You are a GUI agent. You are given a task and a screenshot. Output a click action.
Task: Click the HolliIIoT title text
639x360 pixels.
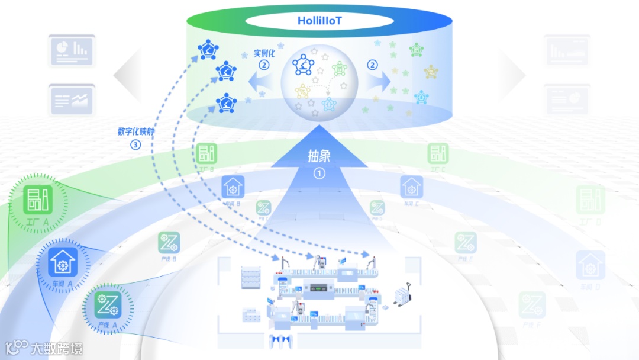pyautogui.click(x=319, y=21)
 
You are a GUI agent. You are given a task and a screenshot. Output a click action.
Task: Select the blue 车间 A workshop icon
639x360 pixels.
pyautogui.click(x=62, y=262)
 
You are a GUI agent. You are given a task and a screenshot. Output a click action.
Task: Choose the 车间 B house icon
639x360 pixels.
pyautogui.click(x=233, y=187)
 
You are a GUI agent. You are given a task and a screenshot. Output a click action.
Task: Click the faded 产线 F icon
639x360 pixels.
pyautogui.click(x=532, y=304)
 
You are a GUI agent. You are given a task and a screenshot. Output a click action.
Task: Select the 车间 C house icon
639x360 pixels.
pyautogui.click(x=411, y=187)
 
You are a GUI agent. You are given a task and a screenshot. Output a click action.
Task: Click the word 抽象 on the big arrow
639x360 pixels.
pyautogui.click(x=319, y=156)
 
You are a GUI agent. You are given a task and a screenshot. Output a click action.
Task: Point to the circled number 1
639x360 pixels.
pyautogui.click(x=319, y=173)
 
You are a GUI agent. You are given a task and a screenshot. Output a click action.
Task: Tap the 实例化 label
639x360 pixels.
pyautogui.click(x=264, y=53)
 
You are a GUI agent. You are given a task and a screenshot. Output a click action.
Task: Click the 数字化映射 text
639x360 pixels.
pyautogui.click(x=136, y=131)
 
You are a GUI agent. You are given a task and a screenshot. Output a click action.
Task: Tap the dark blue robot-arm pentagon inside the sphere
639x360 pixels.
pyautogui.click(x=304, y=66)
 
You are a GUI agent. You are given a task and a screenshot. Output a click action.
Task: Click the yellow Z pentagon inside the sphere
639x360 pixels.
pyautogui.click(x=303, y=92)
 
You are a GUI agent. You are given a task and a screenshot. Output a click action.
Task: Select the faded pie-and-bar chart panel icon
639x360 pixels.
pyautogui.click(x=72, y=50)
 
